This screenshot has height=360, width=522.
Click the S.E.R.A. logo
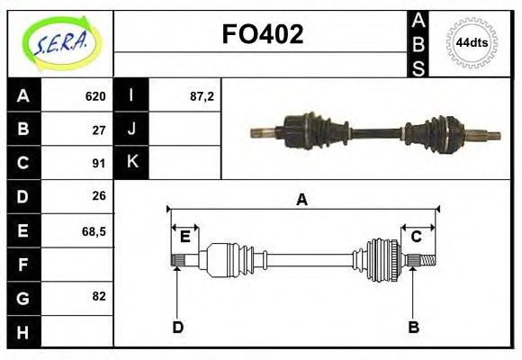click(59, 42)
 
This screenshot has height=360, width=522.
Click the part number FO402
click(262, 34)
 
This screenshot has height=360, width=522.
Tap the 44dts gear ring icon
click(472, 42)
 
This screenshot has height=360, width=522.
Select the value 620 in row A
click(95, 96)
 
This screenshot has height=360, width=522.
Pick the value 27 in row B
click(99, 130)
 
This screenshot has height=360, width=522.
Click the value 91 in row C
click(99, 163)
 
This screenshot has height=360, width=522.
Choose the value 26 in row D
click(99, 196)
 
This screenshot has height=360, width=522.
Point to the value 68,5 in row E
click(94, 230)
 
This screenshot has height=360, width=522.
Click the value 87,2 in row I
click(202, 96)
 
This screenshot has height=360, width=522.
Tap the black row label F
click(23, 264)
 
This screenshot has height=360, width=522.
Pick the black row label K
click(131, 162)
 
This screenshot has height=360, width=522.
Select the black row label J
click(131, 129)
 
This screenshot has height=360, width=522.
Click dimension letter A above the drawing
click(302, 200)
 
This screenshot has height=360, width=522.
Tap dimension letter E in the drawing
click(184, 237)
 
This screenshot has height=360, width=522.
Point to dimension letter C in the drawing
click(416, 237)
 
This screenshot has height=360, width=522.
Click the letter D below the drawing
click(177, 327)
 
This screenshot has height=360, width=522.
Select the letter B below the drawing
click(414, 327)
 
